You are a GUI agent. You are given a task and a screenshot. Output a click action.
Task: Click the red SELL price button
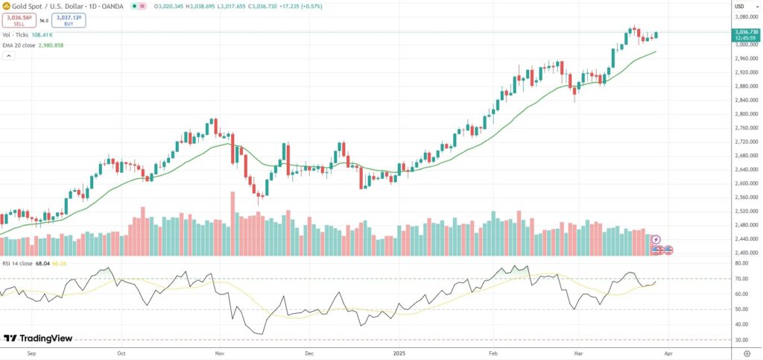pos(19,21)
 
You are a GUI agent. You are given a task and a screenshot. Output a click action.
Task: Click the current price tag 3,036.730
pos(746,32)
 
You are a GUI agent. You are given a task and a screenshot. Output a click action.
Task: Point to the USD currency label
pos(739,6)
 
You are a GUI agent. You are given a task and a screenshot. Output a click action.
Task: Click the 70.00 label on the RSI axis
pos(741,279)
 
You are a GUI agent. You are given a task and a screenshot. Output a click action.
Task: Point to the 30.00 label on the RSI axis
pos(741,340)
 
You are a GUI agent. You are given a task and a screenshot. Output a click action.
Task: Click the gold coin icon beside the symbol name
pos(7,6)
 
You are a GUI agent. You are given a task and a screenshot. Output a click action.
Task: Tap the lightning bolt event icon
pos(656,239)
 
